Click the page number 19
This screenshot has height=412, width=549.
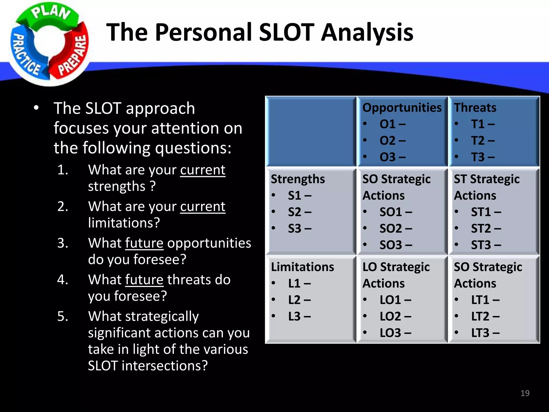tap(525, 393)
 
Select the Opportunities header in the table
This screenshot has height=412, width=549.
tap(402, 108)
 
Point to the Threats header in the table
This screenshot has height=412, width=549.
tap(475, 108)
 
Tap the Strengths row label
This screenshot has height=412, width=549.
tap(298, 179)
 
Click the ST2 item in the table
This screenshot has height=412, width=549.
tap(486, 229)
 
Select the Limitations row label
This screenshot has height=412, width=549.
tap(302, 267)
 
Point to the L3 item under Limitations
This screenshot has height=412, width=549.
tap(299, 317)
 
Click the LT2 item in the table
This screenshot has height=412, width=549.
tap(485, 317)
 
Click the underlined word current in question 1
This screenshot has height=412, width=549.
tap(203, 170)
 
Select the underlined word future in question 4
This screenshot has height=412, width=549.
tap(144, 280)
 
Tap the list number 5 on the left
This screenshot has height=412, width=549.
tap(62, 317)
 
